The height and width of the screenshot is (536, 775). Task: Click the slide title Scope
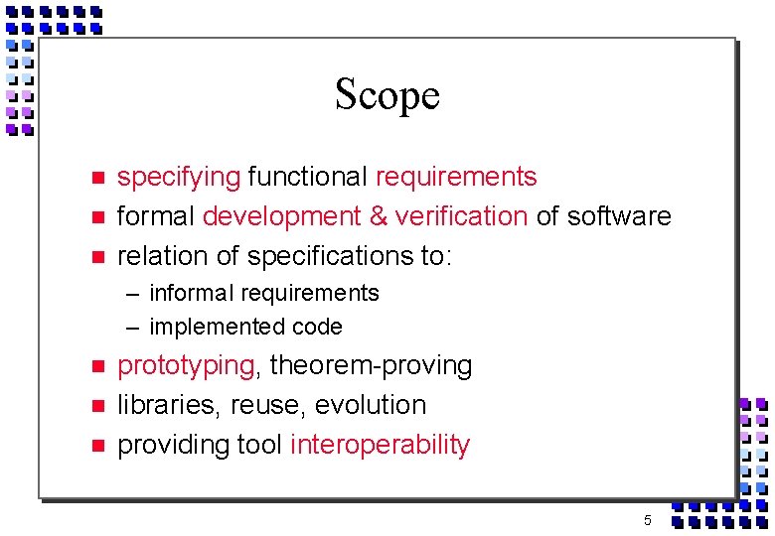point(387,95)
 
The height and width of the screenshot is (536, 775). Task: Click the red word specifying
point(179,178)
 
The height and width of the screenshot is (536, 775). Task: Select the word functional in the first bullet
point(308,178)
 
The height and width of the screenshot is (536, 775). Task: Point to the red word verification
point(461,216)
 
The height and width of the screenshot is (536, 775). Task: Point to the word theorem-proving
point(371,366)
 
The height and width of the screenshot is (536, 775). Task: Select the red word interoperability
point(380,445)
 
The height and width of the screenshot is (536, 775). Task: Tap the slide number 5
point(647,521)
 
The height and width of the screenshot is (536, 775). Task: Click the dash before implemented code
point(132,328)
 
